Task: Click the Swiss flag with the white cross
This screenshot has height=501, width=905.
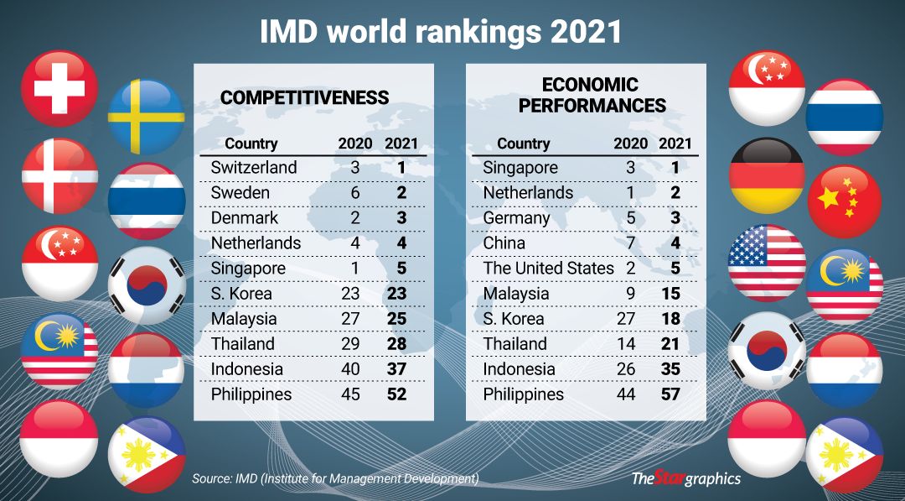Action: [x=59, y=88]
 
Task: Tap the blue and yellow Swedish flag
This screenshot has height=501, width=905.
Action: [x=147, y=117]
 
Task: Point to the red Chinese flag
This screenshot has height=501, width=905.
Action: [x=844, y=201]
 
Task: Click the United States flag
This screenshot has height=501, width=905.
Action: [x=767, y=263]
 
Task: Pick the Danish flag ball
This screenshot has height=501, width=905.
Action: [x=59, y=175]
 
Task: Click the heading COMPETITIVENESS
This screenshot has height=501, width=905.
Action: [x=304, y=98]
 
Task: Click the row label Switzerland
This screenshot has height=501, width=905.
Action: [x=254, y=168]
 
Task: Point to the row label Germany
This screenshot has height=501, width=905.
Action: [x=516, y=218]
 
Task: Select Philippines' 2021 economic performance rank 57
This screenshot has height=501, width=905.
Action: [x=670, y=394]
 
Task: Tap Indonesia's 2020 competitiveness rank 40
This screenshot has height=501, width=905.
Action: [x=349, y=369]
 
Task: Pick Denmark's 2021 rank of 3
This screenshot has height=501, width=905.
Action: [x=401, y=218]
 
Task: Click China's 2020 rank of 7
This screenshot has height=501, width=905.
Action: [x=631, y=243]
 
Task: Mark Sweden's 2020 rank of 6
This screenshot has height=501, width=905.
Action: [x=355, y=193]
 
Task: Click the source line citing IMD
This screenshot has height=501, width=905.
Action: [x=335, y=478]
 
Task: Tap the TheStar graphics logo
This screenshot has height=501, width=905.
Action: [x=685, y=478]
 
